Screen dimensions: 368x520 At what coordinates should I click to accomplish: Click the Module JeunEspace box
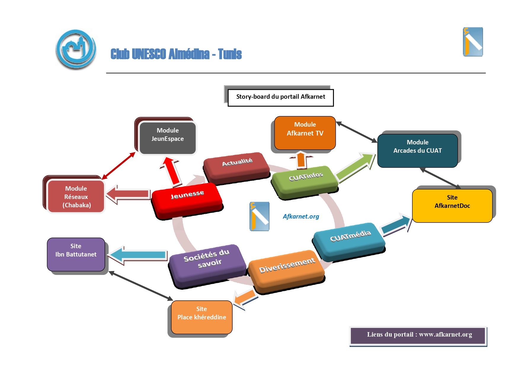pos(167,138)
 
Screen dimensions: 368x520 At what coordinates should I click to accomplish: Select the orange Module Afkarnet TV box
pos(305,133)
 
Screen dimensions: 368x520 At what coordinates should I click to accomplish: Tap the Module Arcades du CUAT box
pos(417,150)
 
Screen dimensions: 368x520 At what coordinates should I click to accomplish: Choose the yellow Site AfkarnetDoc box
pos(452,205)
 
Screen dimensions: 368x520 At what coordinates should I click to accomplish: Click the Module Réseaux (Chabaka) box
pos(76,197)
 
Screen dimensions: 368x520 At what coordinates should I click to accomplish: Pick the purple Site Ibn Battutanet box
pos(76,254)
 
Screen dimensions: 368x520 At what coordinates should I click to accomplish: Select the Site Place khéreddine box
pos(201,317)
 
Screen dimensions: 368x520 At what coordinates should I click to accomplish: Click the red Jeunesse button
pos(187,199)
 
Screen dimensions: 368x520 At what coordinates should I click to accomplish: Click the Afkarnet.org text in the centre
pos(301,216)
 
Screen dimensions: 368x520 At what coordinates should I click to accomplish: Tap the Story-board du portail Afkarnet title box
pos(280,97)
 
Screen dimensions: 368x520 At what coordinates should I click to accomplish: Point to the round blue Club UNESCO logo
pos(76,49)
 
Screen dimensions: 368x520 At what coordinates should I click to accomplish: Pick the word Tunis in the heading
pos(230,54)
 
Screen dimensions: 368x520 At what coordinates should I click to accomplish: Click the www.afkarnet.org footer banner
pos(418,335)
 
